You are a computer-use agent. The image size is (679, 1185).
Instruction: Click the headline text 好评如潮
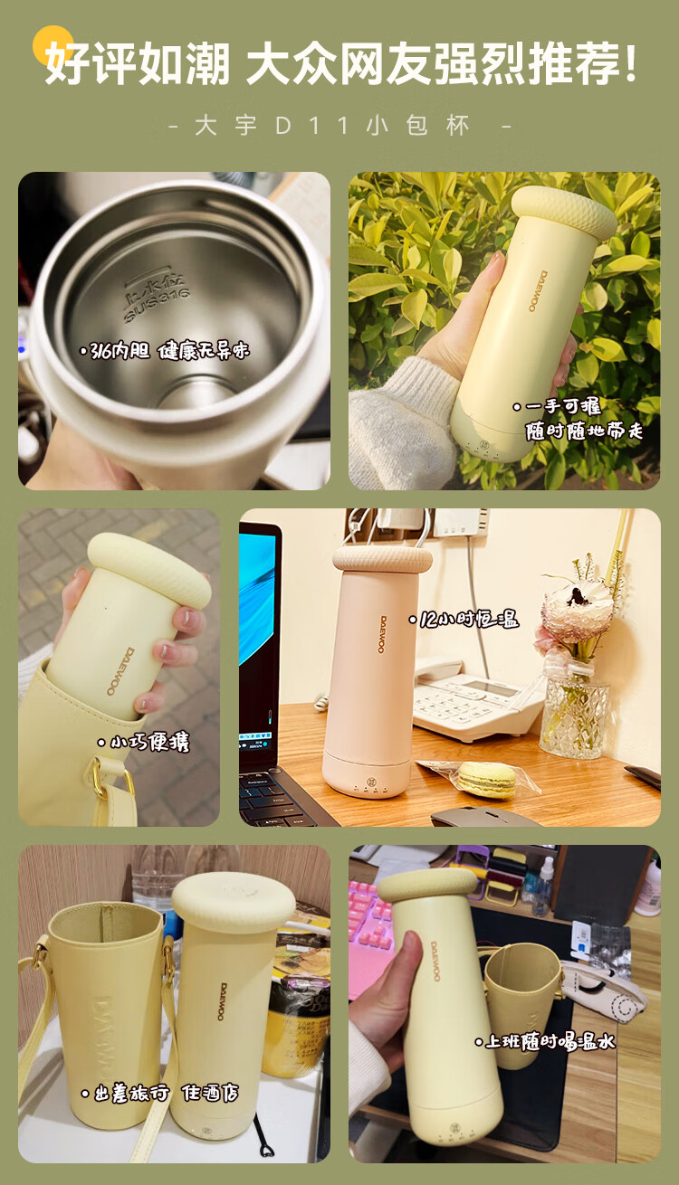pyautogui.click(x=138, y=63)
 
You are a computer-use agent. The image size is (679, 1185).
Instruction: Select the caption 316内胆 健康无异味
pyautogui.click(x=164, y=350)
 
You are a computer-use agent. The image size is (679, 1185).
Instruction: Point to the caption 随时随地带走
pyautogui.click(x=584, y=431)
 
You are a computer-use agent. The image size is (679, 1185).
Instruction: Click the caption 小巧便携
pyautogui.click(x=144, y=743)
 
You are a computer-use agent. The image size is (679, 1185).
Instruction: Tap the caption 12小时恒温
pyautogui.click(x=464, y=619)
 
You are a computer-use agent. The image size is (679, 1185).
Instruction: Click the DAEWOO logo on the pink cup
pyautogui.click(x=383, y=634)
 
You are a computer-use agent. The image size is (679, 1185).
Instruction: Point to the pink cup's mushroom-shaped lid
pyautogui.click(x=382, y=559)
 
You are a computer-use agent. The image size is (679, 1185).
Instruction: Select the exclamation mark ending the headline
pyautogui.click(x=630, y=63)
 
